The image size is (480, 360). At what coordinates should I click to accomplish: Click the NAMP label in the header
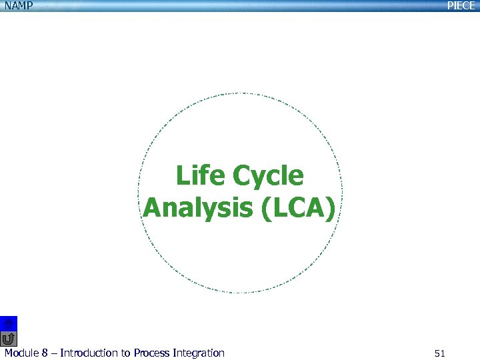pyautogui.click(x=16, y=5)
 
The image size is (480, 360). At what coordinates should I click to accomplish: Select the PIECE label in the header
pyautogui.click(x=461, y=5)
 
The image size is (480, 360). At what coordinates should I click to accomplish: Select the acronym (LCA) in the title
pyautogui.click(x=297, y=208)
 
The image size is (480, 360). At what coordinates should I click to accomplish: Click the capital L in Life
pyautogui.click(x=181, y=176)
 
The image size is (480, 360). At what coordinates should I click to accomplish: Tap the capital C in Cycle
pyautogui.click(x=241, y=176)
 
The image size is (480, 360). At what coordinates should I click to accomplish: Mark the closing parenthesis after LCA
pyautogui.click(x=331, y=208)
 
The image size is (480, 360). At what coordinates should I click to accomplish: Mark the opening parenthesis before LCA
pyautogui.click(x=263, y=208)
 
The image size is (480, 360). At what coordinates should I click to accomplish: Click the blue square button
pyautogui.click(x=9, y=323)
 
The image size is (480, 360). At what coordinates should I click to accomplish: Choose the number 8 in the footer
pyautogui.click(x=45, y=353)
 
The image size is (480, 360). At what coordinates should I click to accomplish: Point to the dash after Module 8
pyautogui.click(x=53, y=353)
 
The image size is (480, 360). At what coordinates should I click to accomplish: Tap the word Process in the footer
pyautogui.click(x=151, y=353)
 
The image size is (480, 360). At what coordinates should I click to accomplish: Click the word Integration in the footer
pyautogui.click(x=198, y=353)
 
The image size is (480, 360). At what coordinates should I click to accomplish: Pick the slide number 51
pyautogui.click(x=439, y=353)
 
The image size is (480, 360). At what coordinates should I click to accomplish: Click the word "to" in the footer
pyautogui.click(x=125, y=353)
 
